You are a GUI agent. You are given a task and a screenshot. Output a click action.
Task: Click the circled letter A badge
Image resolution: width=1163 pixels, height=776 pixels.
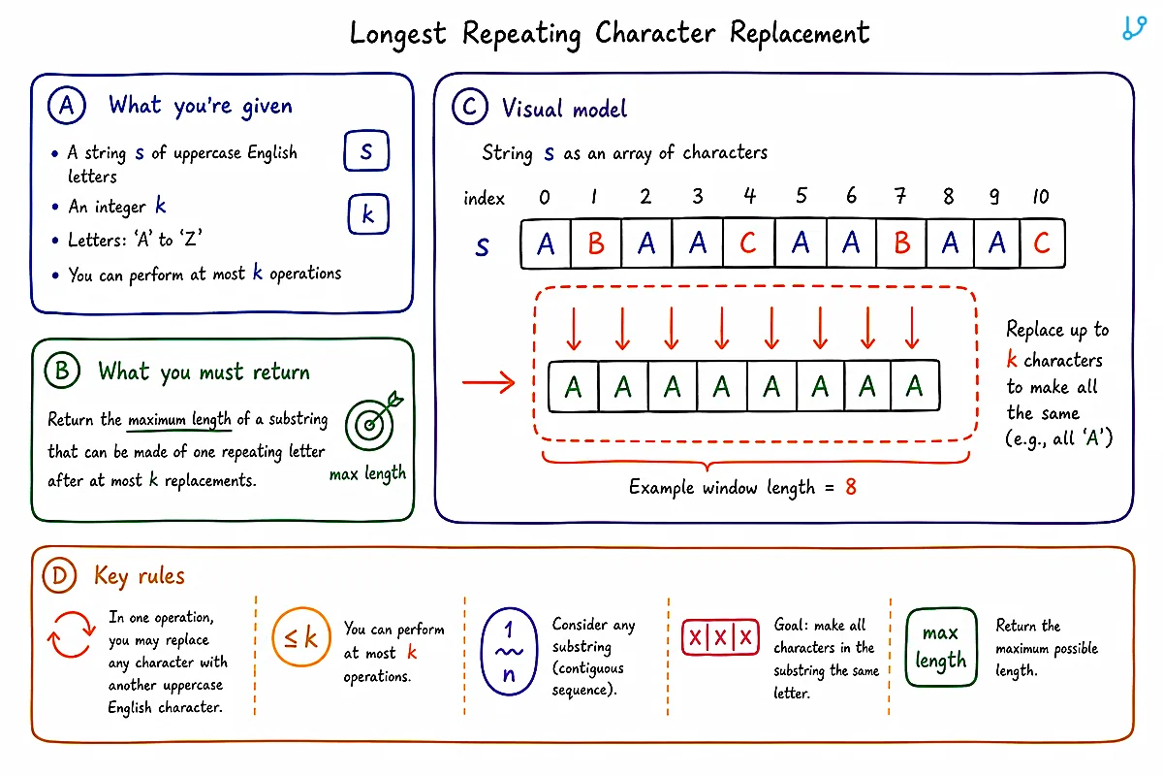coord(67,106)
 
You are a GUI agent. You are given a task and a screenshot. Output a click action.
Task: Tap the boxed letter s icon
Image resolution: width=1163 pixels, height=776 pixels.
coord(366,150)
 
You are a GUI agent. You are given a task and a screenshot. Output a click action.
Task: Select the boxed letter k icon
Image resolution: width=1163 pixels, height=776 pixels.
coord(368,213)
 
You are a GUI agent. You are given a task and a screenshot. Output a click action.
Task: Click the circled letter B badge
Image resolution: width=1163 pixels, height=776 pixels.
coord(62,371)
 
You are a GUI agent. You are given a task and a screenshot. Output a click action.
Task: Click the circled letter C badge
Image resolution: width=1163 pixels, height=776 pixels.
coord(469,107)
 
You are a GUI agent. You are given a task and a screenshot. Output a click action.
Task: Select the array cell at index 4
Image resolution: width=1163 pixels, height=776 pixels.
coord(748,243)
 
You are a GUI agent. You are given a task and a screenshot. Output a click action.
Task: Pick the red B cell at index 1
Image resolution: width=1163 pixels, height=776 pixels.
coord(596,243)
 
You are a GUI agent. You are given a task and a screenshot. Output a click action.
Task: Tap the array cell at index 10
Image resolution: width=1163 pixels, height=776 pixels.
coord(1042,243)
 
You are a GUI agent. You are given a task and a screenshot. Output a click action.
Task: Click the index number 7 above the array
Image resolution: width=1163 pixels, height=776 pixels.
coord(899,196)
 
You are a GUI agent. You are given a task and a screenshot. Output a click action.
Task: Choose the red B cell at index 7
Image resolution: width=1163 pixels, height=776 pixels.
coord(901,243)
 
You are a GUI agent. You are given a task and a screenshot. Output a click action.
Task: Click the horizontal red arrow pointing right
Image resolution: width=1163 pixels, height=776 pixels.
coord(488,383)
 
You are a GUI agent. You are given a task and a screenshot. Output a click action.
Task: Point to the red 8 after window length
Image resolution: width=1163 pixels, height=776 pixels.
coord(851,487)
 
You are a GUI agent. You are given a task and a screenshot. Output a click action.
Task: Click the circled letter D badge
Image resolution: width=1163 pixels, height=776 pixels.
coord(59,576)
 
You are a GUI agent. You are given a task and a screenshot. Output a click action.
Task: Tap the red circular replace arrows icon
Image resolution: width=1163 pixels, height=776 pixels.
coord(71,634)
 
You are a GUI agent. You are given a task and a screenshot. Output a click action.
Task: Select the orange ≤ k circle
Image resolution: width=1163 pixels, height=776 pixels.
coord(301,636)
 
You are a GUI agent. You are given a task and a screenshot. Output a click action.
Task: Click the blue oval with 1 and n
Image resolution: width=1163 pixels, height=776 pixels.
coord(509,651)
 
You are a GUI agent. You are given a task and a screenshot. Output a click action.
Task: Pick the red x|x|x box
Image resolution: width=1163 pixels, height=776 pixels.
coord(720,636)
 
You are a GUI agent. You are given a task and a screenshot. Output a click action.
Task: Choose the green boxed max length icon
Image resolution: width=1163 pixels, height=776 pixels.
coord(941,647)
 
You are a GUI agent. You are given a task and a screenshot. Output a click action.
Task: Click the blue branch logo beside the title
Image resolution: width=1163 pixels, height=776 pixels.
coord(1134,28)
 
